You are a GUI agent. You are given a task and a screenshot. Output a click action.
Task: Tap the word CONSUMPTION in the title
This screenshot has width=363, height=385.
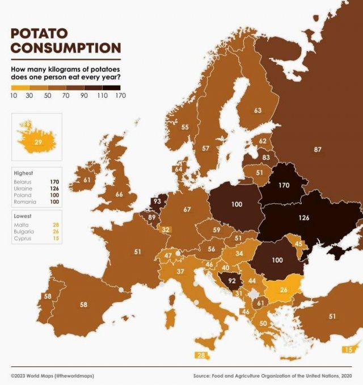[66, 48]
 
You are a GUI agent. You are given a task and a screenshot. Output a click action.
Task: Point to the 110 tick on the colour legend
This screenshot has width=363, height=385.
[102, 95]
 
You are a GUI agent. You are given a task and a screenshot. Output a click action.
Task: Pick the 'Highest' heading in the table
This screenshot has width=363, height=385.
[24, 173]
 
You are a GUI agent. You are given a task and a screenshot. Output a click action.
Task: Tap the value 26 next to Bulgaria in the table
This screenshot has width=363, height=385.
[56, 232]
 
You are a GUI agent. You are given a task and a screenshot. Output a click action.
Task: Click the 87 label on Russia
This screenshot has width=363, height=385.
[317, 149]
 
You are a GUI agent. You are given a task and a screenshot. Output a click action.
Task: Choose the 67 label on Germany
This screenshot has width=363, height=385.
[187, 210]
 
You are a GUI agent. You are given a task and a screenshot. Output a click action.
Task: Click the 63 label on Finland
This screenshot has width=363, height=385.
[258, 110]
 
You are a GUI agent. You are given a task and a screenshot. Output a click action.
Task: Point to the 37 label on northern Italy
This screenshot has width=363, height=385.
[180, 272]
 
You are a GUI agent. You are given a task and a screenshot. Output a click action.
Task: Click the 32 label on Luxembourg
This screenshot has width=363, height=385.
[166, 230]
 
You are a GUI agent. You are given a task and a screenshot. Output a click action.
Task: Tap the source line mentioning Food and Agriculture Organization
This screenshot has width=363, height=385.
[272, 376]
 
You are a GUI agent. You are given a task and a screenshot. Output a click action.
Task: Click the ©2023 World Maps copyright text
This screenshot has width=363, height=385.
[52, 376]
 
